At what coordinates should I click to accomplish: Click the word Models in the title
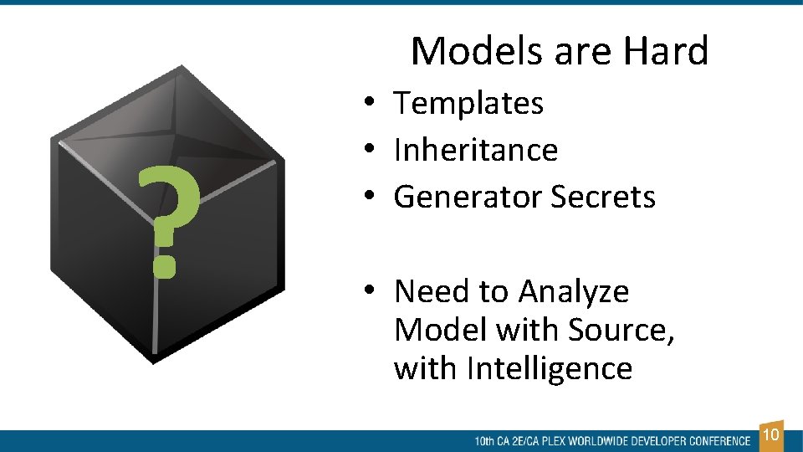[470, 51]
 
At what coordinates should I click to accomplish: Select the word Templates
[468, 104]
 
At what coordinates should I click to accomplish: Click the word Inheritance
[475, 151]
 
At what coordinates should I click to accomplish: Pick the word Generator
[468, 198]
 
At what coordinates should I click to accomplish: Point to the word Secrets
[603, 198]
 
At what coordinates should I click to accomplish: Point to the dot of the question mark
[166, 265]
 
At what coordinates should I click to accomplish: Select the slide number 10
[771, 434]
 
